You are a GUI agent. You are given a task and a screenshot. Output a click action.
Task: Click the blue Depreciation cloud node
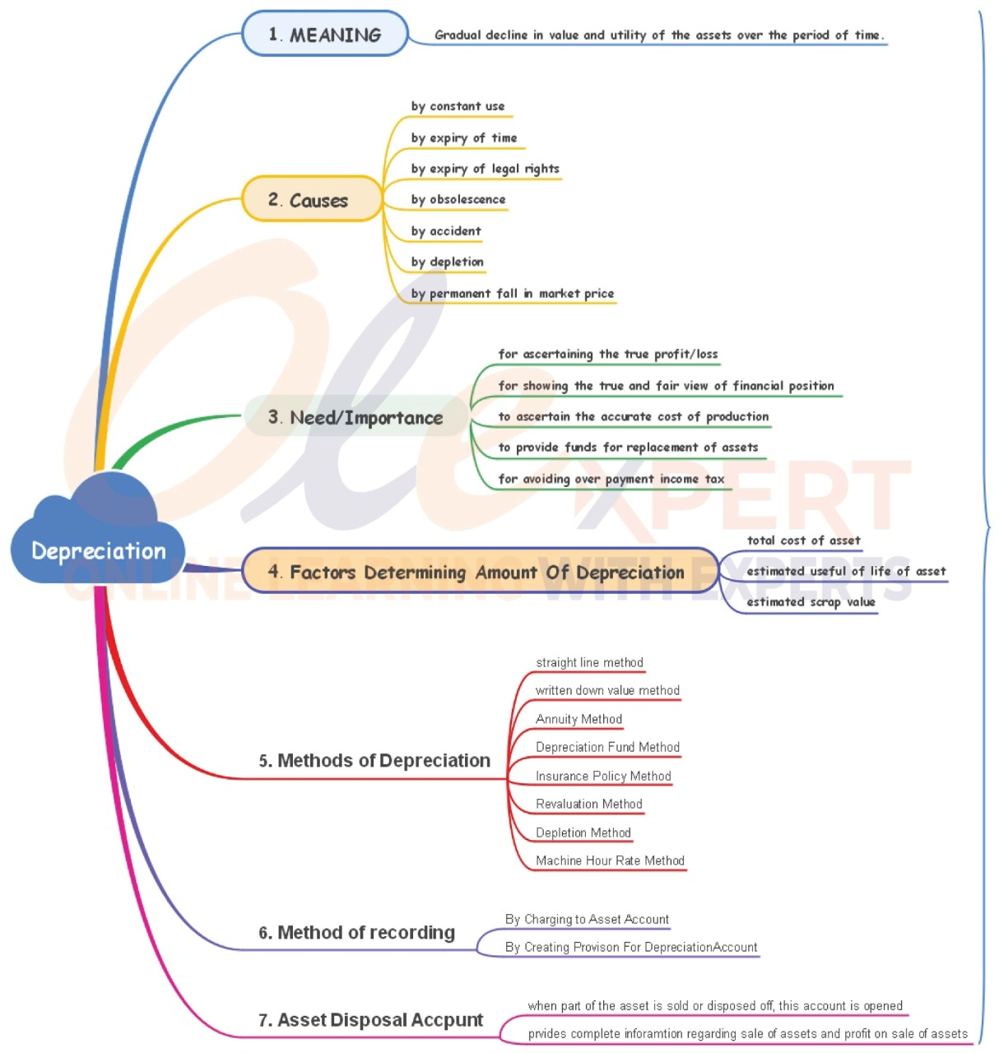(98, 550)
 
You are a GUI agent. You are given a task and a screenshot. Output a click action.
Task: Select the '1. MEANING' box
(325, 35)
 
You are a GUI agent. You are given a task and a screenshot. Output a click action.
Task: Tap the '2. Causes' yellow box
(311, 200)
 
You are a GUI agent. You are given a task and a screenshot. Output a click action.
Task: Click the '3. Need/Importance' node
(355, 417)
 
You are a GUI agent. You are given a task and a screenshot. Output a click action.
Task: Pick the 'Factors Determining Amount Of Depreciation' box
(480, 572)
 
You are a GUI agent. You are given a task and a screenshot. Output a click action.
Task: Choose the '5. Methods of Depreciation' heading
(374, 760)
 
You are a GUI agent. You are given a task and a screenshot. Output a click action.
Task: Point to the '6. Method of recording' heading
(356, 932)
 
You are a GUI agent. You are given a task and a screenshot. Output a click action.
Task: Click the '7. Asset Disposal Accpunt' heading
(370, 1020)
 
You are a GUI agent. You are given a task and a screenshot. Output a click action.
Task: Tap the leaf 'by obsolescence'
(458, 199)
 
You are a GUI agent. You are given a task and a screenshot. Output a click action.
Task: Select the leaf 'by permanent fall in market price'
(513, 293)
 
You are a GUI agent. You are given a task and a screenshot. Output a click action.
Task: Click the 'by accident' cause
(446, 231)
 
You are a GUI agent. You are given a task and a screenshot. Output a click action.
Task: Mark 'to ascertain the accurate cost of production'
(634, 416)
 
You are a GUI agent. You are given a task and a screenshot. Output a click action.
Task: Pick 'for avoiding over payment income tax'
(611, 479)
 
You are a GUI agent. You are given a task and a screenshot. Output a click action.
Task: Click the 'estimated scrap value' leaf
(811, 601)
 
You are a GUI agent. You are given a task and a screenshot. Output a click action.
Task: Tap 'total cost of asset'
(803, 540)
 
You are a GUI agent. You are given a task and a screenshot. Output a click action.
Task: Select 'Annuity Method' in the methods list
(578, 719)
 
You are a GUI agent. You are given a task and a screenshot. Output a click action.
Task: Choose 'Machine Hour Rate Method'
(610, 860)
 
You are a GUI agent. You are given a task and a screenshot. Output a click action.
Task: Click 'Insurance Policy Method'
(603, 776)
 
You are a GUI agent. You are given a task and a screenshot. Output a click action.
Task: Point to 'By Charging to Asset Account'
(587, 919)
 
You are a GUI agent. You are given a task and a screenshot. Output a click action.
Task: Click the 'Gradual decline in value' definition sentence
(659, 35)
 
